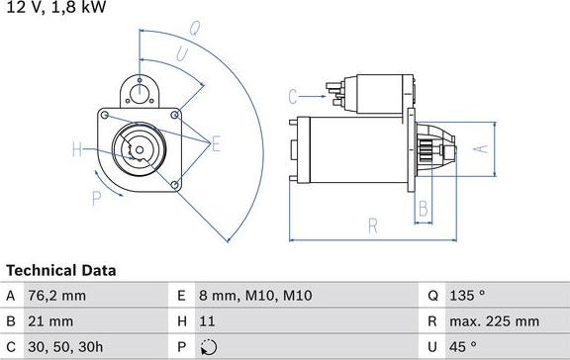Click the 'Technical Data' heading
[61, 270]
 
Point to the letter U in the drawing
[182, 53]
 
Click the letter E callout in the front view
[217, 144]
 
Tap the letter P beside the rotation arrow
[97, 199]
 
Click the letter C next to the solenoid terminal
[293, 96]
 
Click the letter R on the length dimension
[373, 226]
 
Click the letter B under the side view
[423, 209]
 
